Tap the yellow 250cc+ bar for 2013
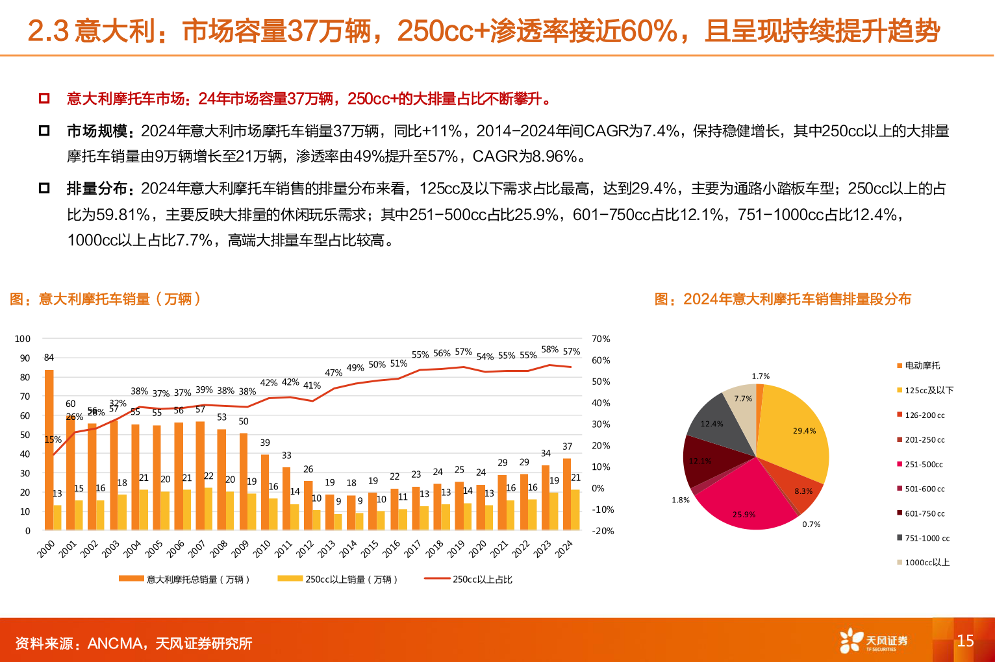tap(338, 522)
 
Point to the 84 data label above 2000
tap(49, 358)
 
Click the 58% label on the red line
tap(549, 349)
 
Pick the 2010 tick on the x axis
tap(262, 549)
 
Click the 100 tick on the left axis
tap(23, 339)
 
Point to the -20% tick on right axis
tap(603, 531)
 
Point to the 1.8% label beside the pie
tap(680, 500)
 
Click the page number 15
tap(965, 641)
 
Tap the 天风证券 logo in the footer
tap(874, 641)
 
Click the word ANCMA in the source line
tap(115, 643)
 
